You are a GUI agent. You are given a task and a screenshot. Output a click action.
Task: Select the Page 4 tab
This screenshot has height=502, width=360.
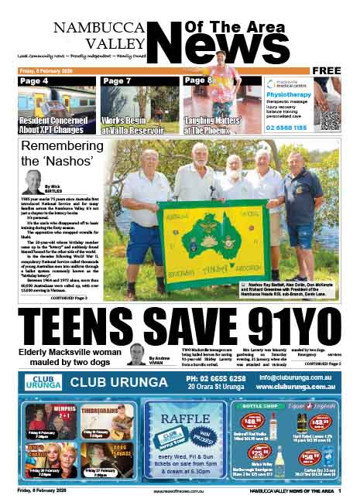coord(35,80)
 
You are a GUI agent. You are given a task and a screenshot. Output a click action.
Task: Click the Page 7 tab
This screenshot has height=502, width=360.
coord(117,80)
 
